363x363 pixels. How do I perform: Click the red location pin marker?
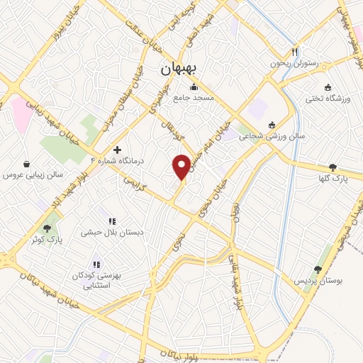[x=181, y=166]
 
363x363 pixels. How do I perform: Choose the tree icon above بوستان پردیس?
[x=318, y=269]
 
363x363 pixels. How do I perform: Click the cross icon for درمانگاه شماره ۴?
[x=117, y=150]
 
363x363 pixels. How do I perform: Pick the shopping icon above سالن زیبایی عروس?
[x=27, y=163]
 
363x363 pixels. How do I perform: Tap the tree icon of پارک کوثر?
[x=47, y=228]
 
